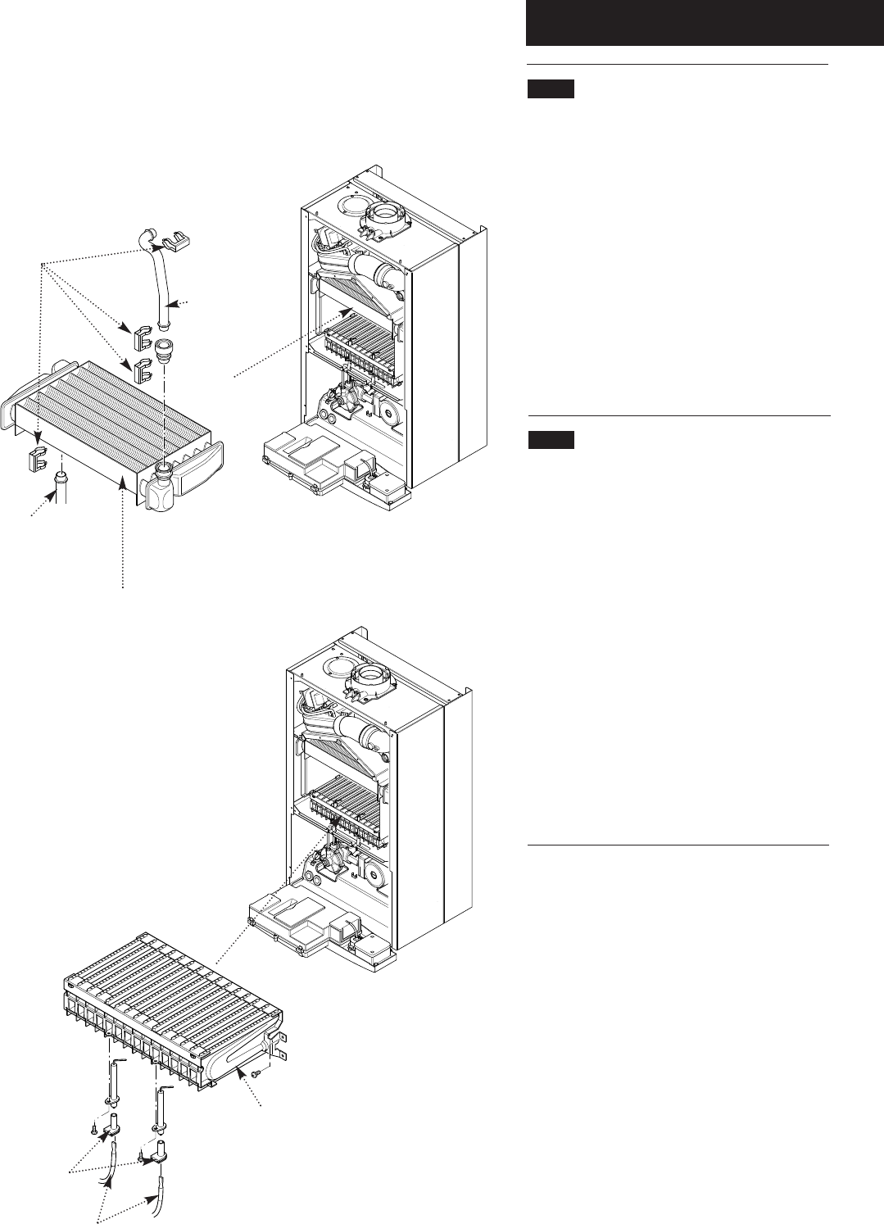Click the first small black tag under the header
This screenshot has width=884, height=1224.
click(x=551, y=88)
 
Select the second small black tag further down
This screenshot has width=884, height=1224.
click(x=551, y=441)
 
